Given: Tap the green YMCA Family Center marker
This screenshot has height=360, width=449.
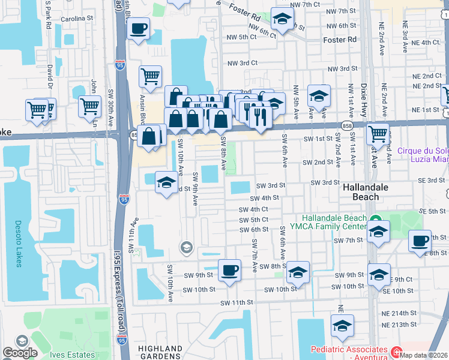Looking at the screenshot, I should [375, 220].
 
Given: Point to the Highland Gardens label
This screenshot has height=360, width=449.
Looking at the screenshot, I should [160, 352].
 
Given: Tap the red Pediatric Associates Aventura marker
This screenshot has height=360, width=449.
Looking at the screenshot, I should [396, 351].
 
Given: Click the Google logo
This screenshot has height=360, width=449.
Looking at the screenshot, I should [20, 353].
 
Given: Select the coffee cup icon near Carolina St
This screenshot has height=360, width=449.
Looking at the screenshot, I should [138, 29].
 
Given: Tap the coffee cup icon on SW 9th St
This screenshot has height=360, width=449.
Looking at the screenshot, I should [229, 271].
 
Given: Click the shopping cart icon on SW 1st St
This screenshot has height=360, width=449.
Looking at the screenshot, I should [378, 134].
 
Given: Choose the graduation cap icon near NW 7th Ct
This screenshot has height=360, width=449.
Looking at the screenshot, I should [282, 20].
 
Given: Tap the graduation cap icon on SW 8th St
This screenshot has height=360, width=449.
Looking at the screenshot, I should [298, 273].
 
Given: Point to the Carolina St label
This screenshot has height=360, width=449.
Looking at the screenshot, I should [78, 19].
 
